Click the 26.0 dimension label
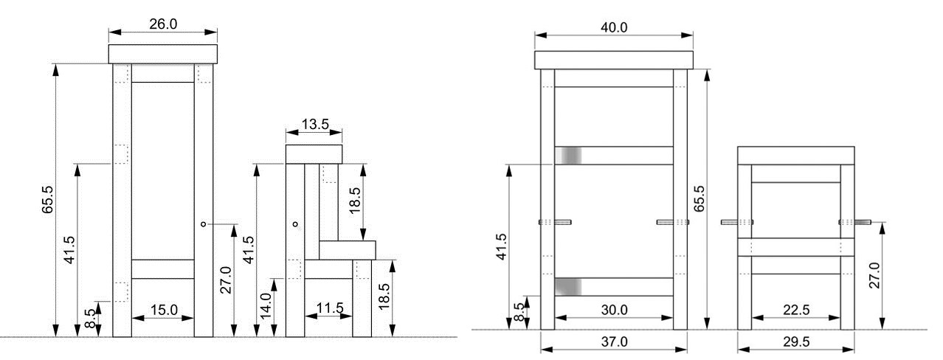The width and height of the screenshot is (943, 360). point(163,24)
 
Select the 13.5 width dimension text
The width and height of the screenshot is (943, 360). point(315,124)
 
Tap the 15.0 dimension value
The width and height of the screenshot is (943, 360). point(164,310)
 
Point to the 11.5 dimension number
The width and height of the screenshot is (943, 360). point(330,308)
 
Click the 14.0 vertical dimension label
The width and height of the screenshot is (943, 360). point(266,305)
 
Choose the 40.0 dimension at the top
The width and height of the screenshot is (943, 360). point(614,27)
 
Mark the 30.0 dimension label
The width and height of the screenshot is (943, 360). point(614,310)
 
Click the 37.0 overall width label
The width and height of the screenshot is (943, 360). point(614,342)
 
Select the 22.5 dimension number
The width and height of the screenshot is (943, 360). point(796,310)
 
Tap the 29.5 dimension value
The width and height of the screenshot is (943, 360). point(796,342)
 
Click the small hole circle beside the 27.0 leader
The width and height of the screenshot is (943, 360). point(204,224)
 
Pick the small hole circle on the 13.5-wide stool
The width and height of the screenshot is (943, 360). point(295,224)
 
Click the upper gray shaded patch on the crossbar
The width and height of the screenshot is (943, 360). point(568,156)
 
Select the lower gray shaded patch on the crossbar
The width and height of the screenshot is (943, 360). point(568,287)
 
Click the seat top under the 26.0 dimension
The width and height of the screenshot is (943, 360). point(163,55)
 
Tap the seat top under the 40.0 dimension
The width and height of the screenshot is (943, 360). point(614,60)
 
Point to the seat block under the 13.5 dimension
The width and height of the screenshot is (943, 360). point(314,154)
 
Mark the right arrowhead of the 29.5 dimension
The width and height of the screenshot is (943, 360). point(849,350)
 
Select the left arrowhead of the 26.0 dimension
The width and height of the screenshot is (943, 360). point(114,32)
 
